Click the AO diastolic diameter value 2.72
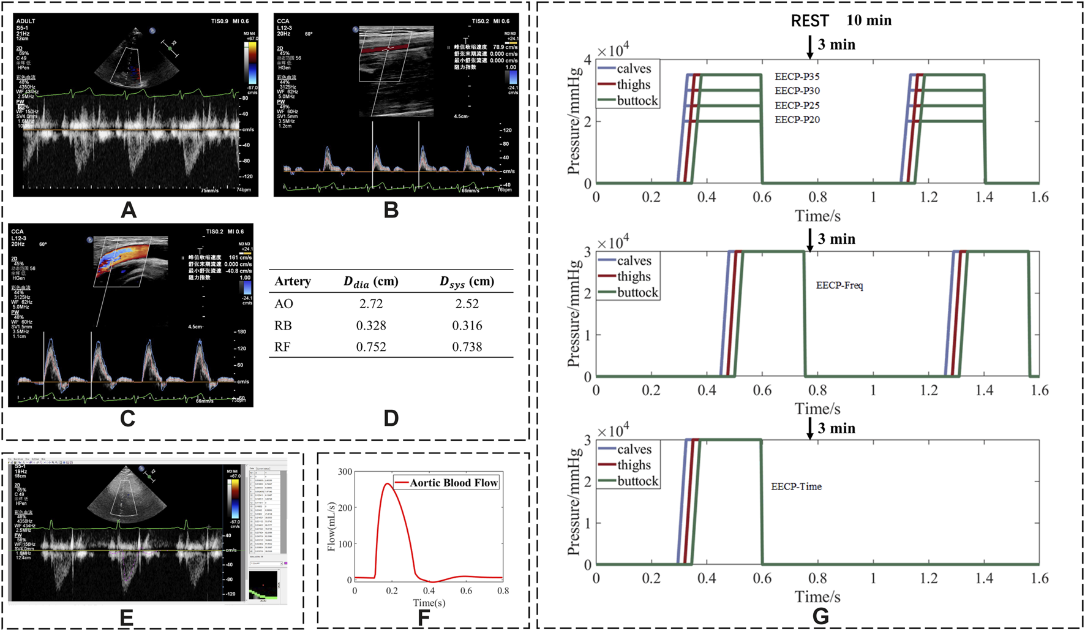pos(371,304)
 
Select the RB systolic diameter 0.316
pos(467,325)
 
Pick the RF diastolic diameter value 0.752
pos(371,347)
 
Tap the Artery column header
pos(293,281)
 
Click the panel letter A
pos(129,210)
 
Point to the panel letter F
pos(424,618)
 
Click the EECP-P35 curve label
pos(797,77)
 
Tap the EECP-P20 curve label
pos(797,120)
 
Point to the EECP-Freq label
pos(839,285)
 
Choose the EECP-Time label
pos(796,486)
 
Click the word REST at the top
pos(809,21)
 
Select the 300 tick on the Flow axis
pos(345,472)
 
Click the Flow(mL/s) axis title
pos(331,526)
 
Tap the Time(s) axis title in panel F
pos(429,603)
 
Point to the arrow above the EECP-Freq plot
pos(810,241)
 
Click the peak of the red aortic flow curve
pos(388,484)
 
